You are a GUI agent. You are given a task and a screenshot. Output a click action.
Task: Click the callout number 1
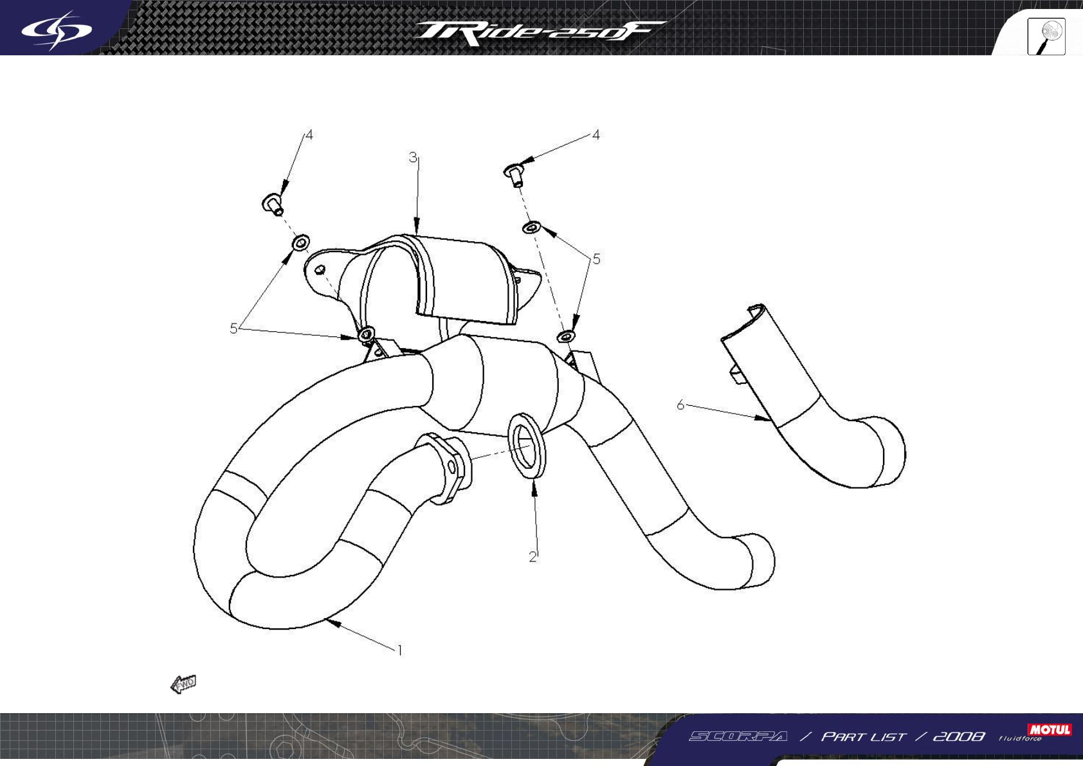(x=400, y=650)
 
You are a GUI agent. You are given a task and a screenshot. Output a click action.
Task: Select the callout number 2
(x=532, y=557)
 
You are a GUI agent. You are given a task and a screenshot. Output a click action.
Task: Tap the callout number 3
(x=413, y=158)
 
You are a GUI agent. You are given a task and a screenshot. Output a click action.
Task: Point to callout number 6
(x=680, y=405)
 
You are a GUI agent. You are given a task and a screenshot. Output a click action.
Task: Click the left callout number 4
(x=309, y=135)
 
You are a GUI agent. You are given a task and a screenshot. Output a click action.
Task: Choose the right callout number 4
(x=596, y=135)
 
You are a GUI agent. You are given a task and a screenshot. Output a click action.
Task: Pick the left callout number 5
(x=233, y=328)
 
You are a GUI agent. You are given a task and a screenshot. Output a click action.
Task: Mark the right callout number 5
(x=596, y=259)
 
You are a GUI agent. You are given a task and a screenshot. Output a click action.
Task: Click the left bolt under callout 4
(x=273, y=204)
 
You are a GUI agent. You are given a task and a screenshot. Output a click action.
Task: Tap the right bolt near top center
(x=514, y=173)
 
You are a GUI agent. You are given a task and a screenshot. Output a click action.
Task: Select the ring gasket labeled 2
(x=527, y=446)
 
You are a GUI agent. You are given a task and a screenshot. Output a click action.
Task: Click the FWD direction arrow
(x=183, y=684)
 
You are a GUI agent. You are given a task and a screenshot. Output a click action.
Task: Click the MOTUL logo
(x=1050, y=729)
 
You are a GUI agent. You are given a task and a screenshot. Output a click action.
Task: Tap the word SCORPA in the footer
(x=738, y=736)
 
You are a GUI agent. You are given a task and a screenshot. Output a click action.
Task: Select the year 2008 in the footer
(x=958, y=736)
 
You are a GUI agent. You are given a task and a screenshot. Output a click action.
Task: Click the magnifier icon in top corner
(x=1046, y=36)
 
